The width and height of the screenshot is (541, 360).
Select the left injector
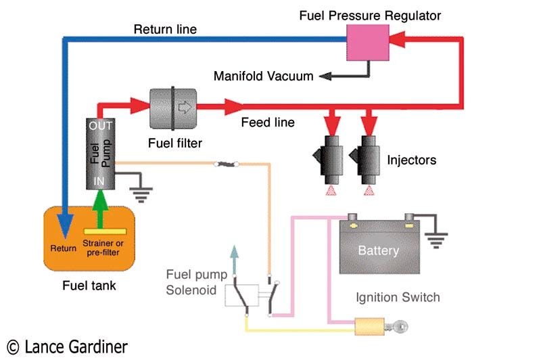pos(330,158)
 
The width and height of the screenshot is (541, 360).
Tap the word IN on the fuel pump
pos(99,181)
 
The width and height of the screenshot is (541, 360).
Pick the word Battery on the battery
pos(378,250)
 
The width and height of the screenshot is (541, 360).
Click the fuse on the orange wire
pos(223,164)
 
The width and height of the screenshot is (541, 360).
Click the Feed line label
pos(268,123)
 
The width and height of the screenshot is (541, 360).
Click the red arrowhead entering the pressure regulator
pos(400,42)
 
